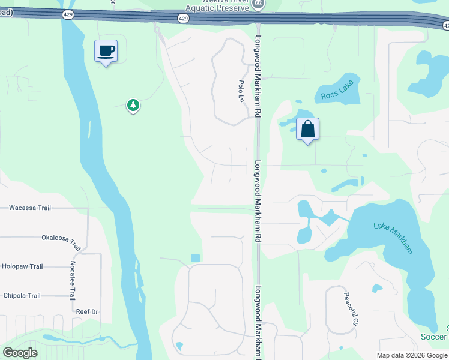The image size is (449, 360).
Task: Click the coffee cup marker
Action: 106,51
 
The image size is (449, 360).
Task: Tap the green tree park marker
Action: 133,106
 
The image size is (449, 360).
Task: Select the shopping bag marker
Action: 307,130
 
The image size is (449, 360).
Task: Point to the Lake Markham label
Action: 393,238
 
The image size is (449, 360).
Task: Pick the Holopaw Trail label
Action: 23,266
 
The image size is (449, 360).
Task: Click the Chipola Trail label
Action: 22,296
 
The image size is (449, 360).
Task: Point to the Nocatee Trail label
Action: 72,281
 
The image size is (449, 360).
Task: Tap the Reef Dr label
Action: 86,312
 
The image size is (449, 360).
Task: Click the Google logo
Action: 20,353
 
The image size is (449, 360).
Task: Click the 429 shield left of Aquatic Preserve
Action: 184,19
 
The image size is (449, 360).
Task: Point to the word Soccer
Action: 434,337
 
